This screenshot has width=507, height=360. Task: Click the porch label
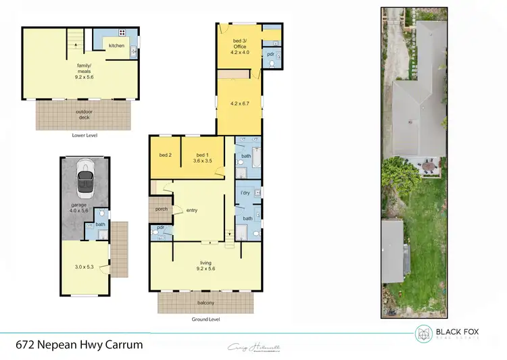[x=161, y=209]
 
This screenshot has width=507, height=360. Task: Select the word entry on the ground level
[x=192, y=211]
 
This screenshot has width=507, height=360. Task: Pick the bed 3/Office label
[x=240, y=47]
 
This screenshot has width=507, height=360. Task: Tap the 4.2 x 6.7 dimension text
[x=240, y=103]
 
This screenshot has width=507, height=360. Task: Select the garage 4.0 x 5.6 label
[x=80, y=207]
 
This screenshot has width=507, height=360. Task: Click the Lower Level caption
[x=85, y=135]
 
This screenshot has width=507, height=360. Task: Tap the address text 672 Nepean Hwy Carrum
[x=79, y=344]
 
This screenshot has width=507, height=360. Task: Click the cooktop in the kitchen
[x=122, y=32]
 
